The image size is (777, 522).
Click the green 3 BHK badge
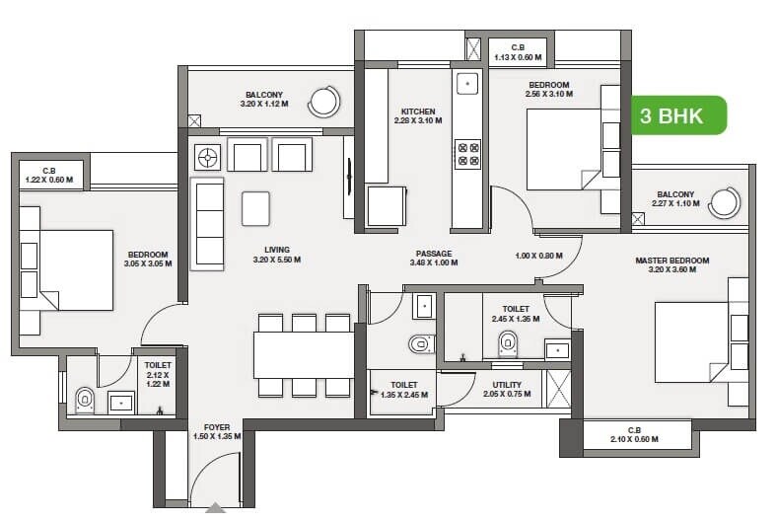[x=678, y=115]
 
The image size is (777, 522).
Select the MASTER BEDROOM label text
[x=671, y=261]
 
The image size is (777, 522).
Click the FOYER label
[x=216, y=427]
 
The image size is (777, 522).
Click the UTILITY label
[x=507, y=386]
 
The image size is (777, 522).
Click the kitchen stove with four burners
[x=466, y=153]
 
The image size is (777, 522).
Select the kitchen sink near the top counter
[x=466, y=83]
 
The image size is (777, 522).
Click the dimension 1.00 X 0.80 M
[x=538, y=256]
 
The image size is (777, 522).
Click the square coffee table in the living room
[x=256, y=207]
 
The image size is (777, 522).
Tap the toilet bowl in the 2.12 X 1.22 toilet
[x=85, y=401]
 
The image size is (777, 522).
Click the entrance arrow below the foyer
[x=215, y=511]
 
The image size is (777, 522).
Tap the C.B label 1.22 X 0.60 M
[x=49, y=175]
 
